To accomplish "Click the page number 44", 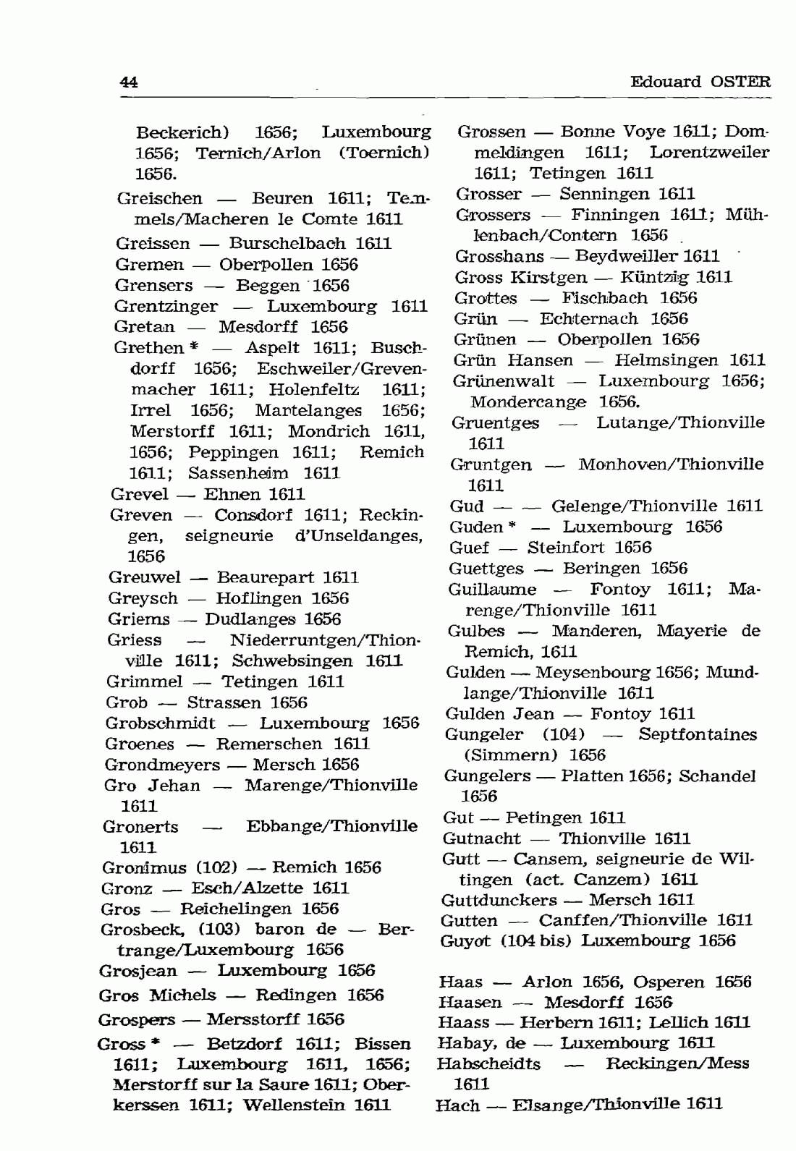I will click(129, 82).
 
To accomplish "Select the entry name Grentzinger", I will click(166, 307).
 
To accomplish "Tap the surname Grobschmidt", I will click(160, 723).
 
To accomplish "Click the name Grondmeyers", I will click(162, 765).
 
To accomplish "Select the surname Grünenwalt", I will click(503, 381).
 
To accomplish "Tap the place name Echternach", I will click(588, 319).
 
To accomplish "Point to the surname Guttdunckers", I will click(499, 901).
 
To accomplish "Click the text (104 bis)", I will click(536, 941).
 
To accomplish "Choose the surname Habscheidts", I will click(488, 1064).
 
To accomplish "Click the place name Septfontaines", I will click(697, 735).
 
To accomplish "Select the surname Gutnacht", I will click(481, 839).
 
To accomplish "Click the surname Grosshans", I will click(499, 257).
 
